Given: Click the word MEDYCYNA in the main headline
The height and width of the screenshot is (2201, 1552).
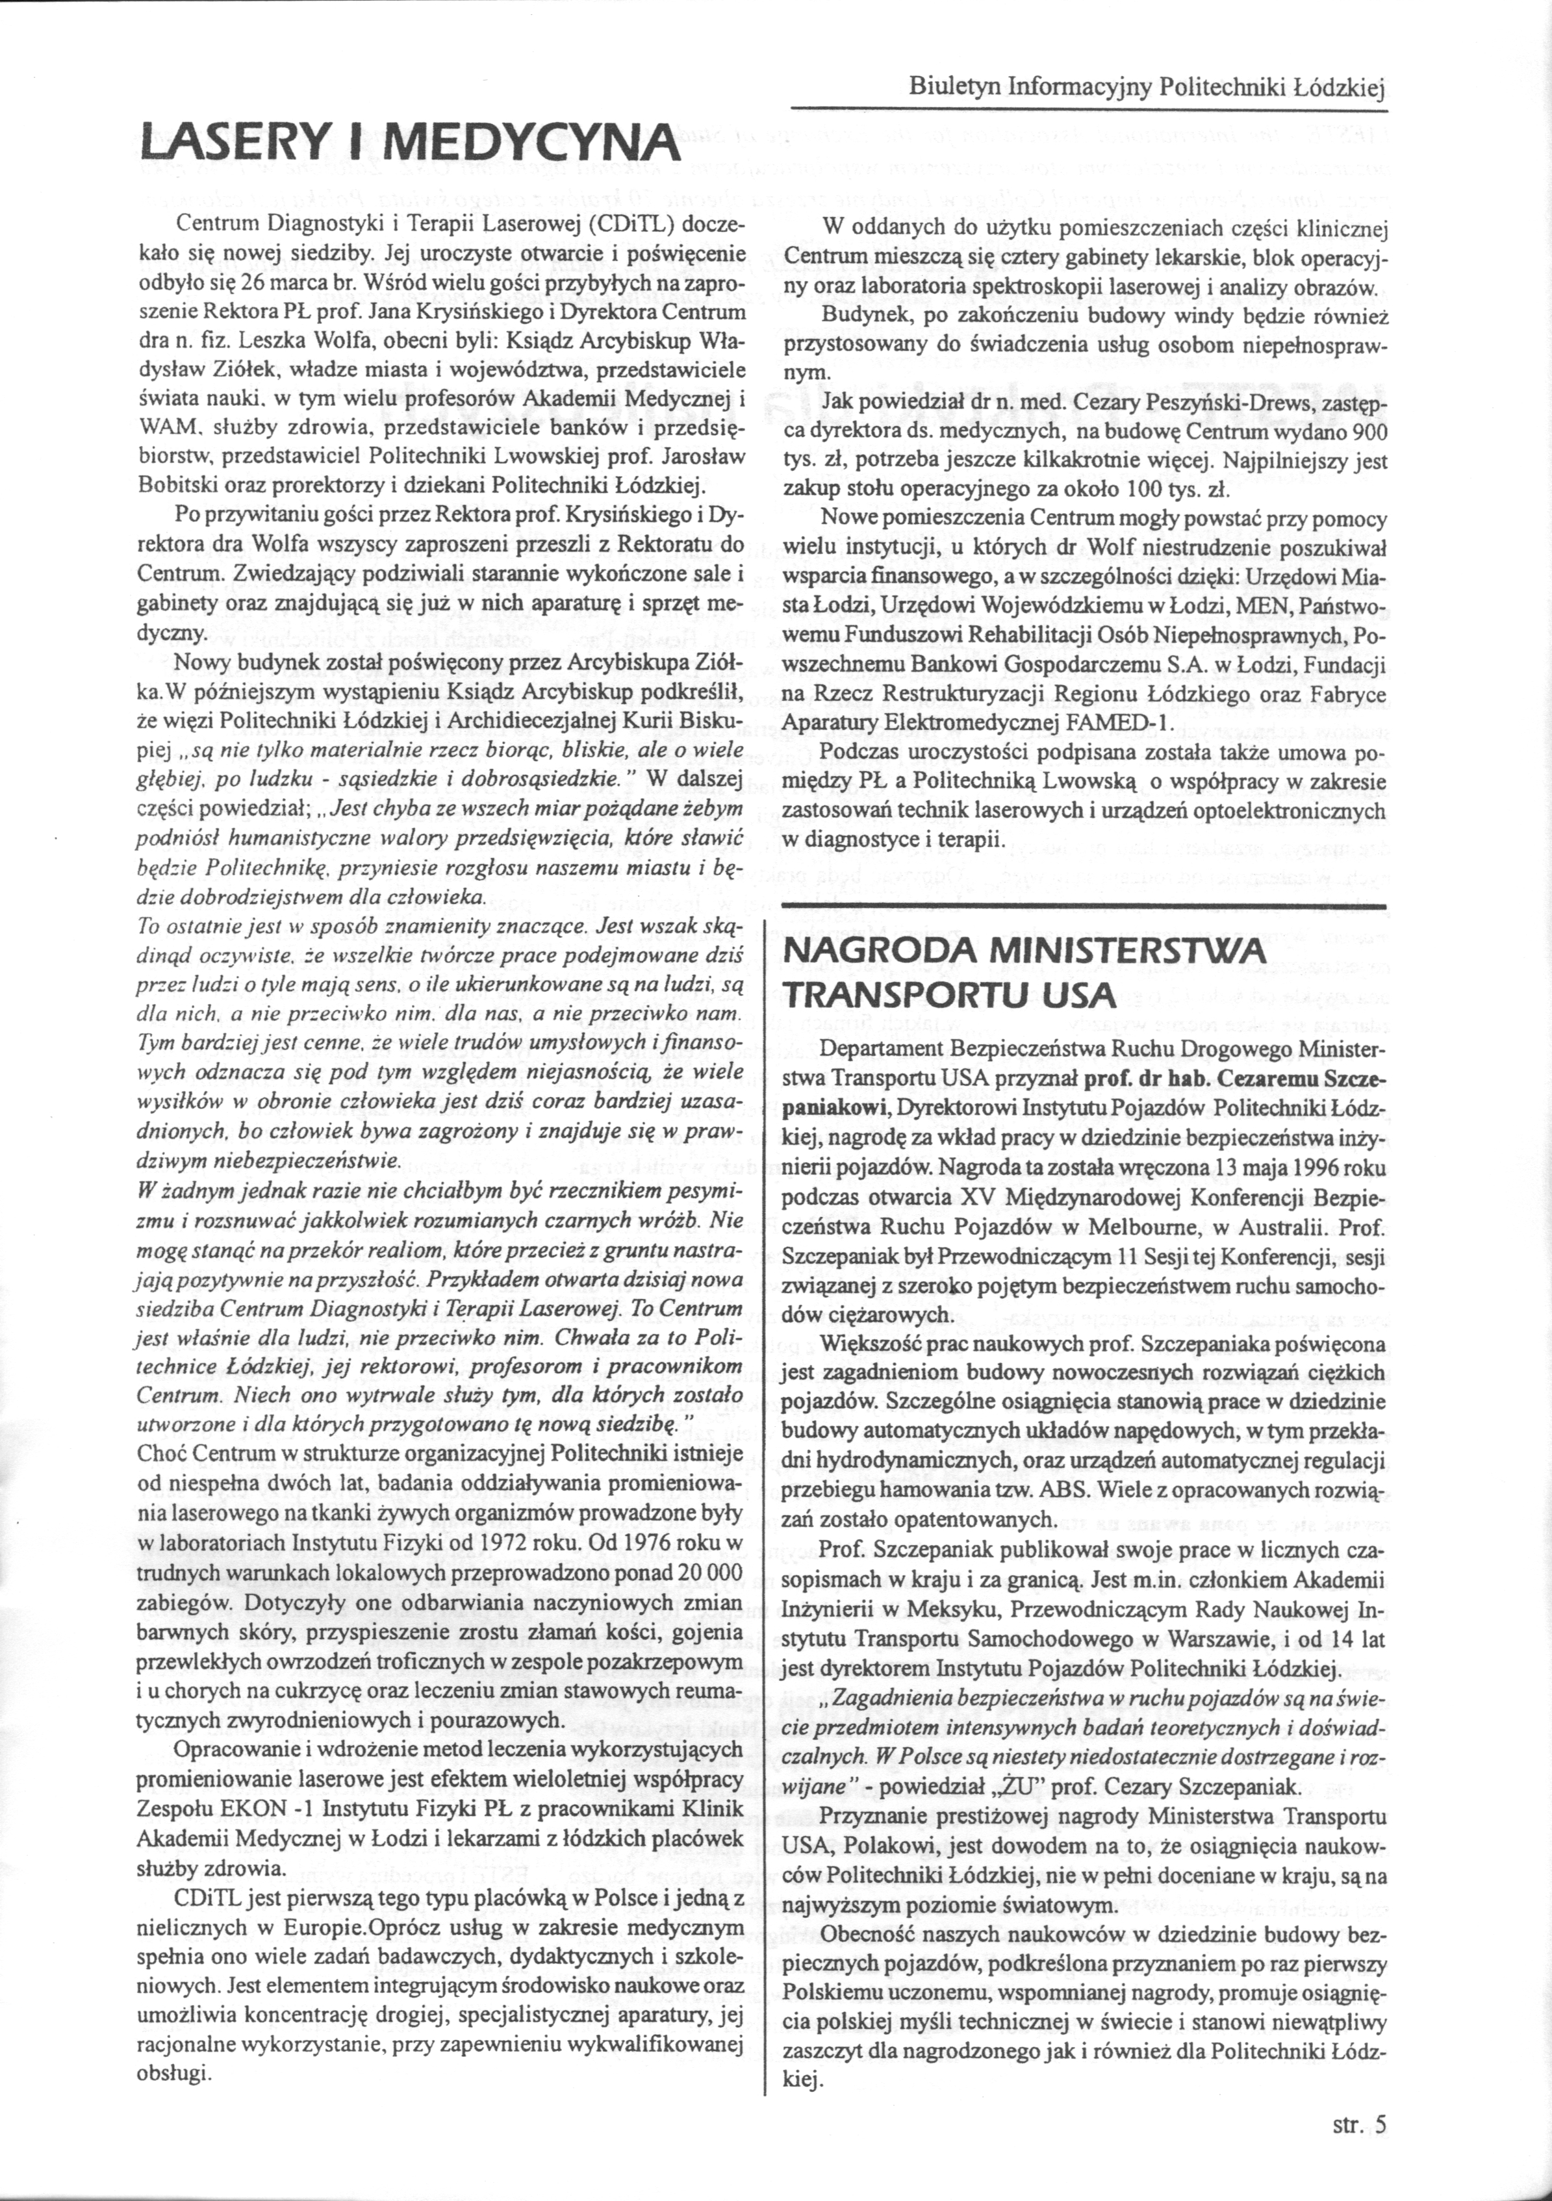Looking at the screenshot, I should pyautogui.click(x=526, y=144).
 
